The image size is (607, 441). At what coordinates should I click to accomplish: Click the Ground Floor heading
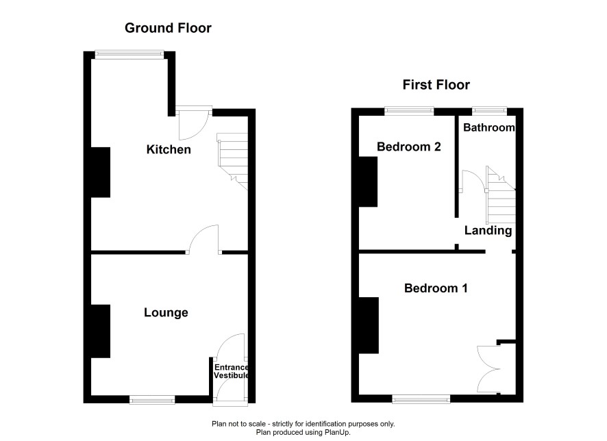[168, 28]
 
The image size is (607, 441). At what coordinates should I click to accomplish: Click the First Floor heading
[436, 85]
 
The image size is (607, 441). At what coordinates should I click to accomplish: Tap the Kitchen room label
[169, 149]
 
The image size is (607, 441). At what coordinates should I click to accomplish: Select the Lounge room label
[166, 312]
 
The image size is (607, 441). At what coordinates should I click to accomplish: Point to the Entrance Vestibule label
[231, 371]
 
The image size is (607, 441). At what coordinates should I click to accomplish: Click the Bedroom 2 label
[409, 147]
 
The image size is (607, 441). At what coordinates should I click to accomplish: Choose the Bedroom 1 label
[436, 288]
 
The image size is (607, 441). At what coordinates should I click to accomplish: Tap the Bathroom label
[489, 127]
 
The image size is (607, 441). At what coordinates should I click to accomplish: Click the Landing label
[488, 231]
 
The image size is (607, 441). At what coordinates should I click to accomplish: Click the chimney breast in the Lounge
[101, 331]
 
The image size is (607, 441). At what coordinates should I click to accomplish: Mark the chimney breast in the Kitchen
[101, 172]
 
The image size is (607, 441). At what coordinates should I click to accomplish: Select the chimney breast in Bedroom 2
[368, 182]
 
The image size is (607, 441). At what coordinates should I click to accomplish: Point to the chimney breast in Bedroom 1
[369, 325]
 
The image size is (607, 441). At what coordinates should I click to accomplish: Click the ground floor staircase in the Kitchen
[233, 161]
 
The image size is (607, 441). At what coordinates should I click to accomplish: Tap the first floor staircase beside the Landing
[501, 195]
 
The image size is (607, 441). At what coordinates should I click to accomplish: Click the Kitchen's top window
[129, 55]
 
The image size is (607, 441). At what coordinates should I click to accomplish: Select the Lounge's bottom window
[152, 400]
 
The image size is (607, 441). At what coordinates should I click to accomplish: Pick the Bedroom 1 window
[421, 399]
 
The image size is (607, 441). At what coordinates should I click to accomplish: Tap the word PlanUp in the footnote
[338, 432]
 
